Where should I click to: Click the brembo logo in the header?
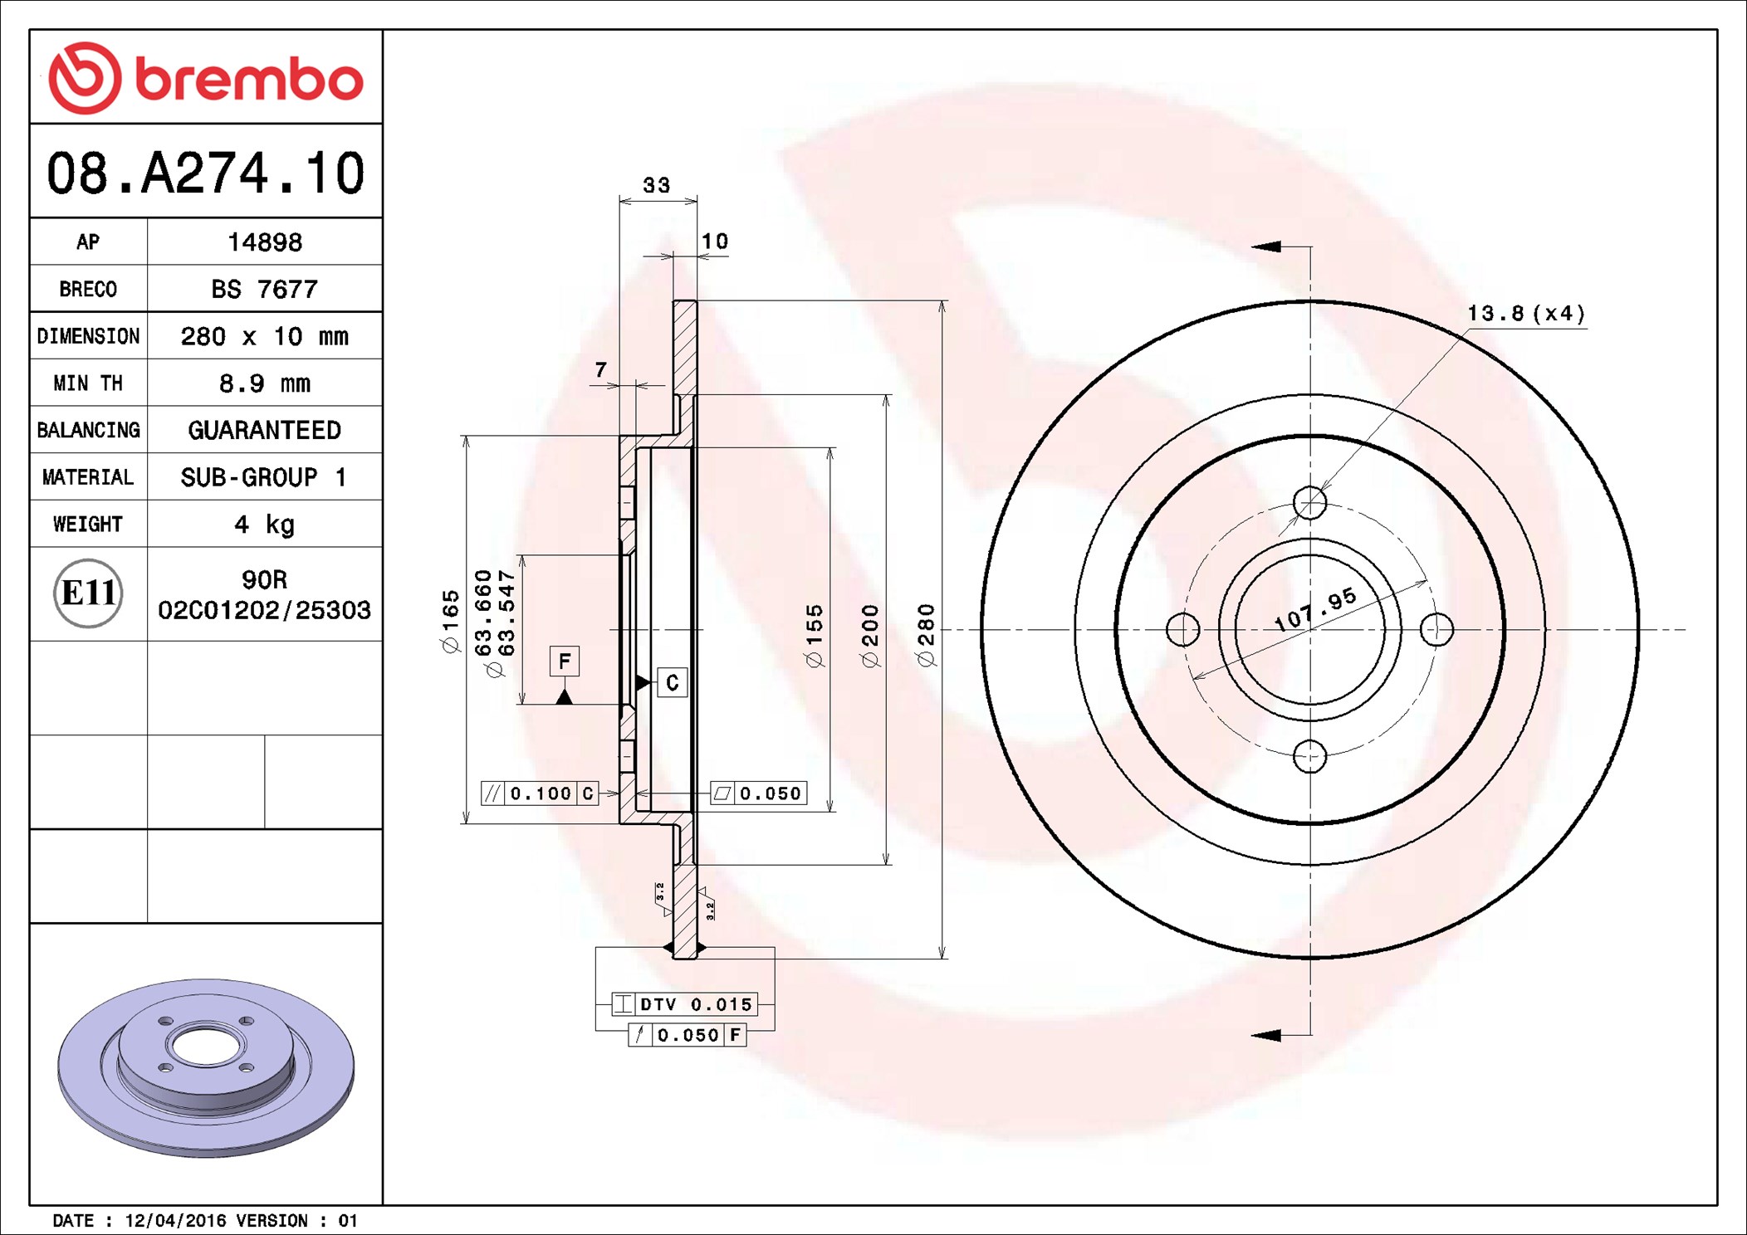(206, 78)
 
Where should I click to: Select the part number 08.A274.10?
(206, 173)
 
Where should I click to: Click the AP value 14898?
(265, 242)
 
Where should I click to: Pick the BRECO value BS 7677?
(264, 289)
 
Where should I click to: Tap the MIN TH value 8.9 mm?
(264, 383)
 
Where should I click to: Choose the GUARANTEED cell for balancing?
(264, 430)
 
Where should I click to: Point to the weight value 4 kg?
(264, 525)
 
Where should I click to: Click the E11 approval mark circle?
(88, 593)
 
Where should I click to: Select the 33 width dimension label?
(657, 185)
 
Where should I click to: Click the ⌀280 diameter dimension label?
(927, 635)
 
